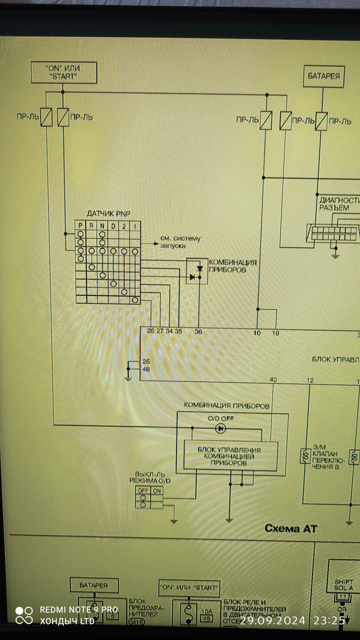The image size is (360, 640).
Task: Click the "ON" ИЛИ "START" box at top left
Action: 64,72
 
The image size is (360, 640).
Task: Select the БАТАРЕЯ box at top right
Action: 323,76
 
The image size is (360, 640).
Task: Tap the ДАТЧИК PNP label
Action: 108,213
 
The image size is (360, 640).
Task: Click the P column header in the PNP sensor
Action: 80,226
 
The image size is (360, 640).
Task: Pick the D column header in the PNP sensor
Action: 113,226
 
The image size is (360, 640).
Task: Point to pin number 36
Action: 198,331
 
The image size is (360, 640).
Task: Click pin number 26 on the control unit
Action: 151,331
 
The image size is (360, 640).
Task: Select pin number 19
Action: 276,333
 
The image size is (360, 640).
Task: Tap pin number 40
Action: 273,380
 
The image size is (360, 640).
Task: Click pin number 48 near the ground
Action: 146,369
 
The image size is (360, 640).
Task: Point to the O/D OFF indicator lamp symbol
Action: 220,428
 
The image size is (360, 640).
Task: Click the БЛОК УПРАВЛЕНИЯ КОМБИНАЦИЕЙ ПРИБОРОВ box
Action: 230,456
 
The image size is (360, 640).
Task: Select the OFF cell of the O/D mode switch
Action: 143,490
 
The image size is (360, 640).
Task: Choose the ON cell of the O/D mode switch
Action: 157,490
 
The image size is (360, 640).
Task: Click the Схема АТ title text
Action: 291,528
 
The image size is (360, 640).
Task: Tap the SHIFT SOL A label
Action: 343,585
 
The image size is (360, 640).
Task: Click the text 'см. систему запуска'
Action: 180,242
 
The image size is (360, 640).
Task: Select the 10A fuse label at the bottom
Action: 207,611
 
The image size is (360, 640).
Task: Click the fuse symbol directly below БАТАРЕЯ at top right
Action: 321,121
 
